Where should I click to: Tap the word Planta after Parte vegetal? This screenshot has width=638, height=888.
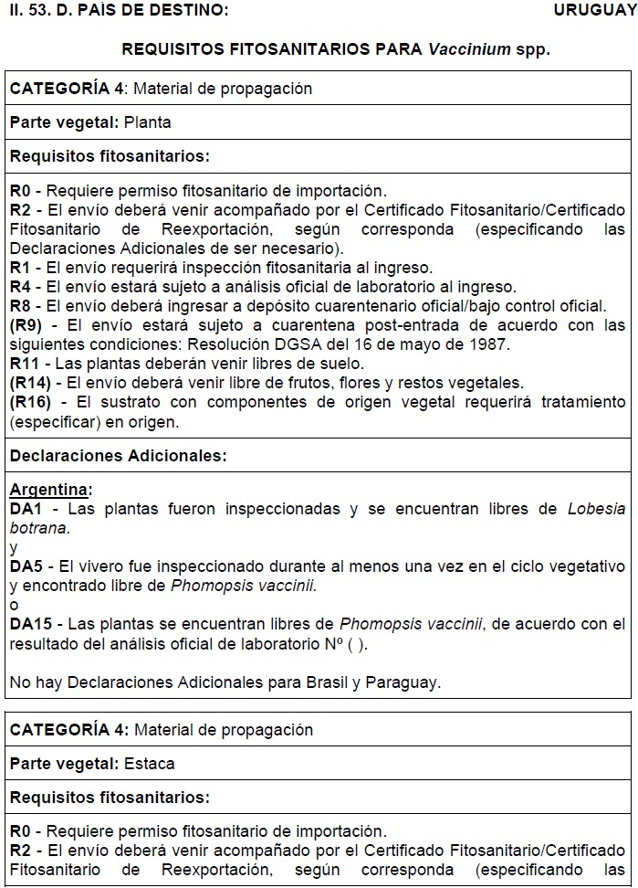pos(148,122)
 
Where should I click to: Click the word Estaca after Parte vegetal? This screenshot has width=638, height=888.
pos(150,763)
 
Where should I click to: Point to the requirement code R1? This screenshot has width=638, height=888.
pos(20,268)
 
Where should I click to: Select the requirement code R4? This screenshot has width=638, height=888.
pos(20,287)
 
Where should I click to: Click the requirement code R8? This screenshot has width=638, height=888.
pos(20,306)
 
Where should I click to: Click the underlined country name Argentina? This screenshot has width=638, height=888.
pos(50,490)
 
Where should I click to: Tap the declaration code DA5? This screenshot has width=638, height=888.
pos(26,566)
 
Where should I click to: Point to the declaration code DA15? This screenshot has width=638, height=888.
pos(30,624)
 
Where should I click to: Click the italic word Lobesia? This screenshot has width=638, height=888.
pos(597,509)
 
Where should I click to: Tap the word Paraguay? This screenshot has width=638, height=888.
pos(405,682)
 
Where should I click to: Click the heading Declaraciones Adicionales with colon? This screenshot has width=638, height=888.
pos(119,455)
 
